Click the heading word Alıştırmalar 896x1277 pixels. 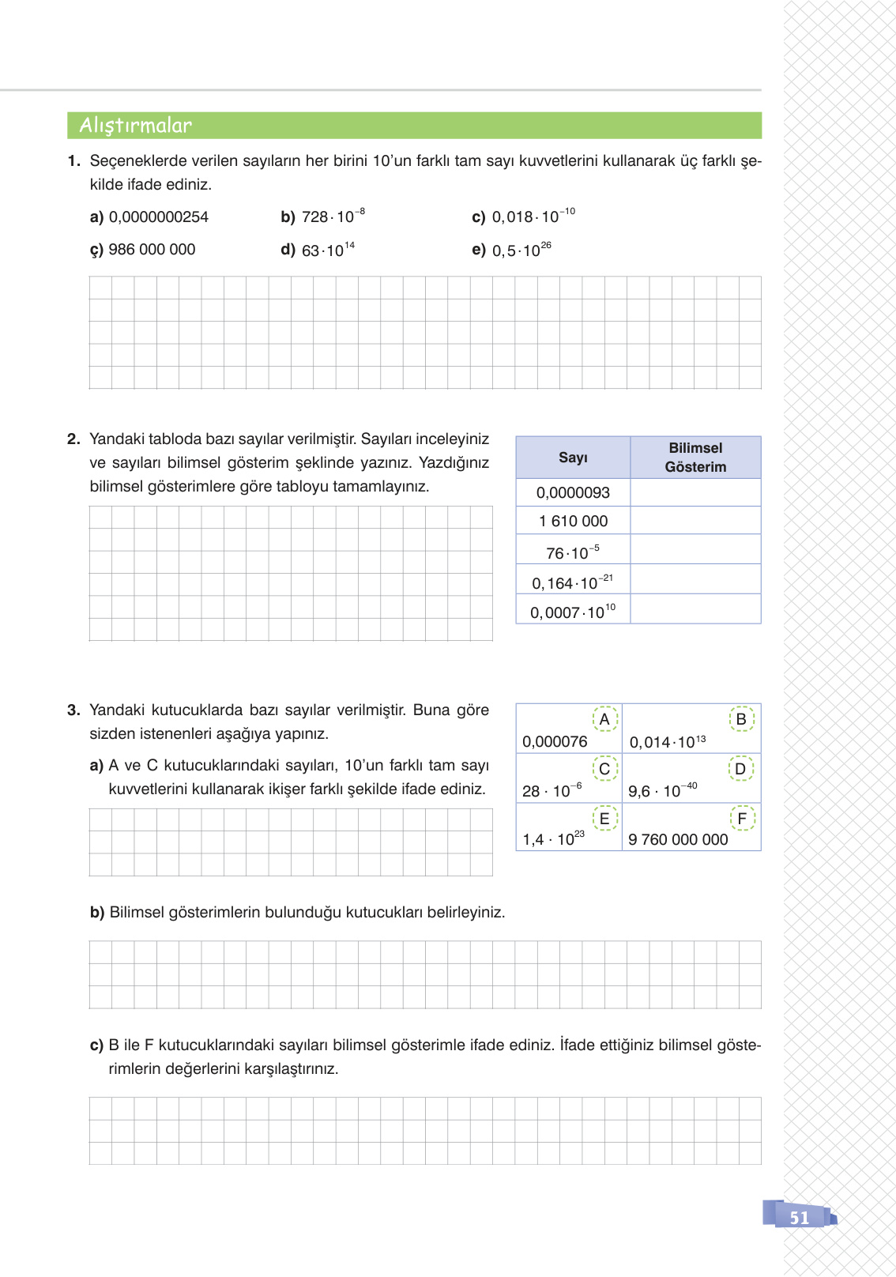point(136,126)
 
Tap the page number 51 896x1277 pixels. point(800,1218)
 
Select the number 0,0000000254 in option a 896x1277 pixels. point(158,217)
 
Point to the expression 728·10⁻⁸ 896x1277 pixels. point(333,217)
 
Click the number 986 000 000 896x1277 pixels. point(152,250)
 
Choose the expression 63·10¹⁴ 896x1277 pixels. point(328,250)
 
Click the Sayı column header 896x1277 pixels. point(573,458)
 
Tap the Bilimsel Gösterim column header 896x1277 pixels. point(695,458)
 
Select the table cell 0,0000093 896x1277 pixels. point(573,493)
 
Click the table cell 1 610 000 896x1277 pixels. point(573,522)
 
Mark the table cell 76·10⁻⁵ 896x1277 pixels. point(573,552)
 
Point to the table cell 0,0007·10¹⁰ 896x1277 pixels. point(573,612)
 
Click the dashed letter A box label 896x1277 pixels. point(604,719)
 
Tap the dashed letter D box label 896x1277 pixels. point(740,769)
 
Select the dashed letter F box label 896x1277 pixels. point(742,819)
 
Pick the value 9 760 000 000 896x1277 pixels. point(678,840)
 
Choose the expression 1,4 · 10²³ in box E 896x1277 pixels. point(553,839)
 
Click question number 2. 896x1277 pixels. point(73,439)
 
